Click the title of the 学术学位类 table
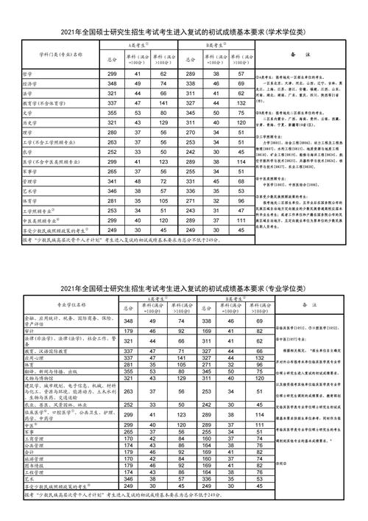click(184, 32)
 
